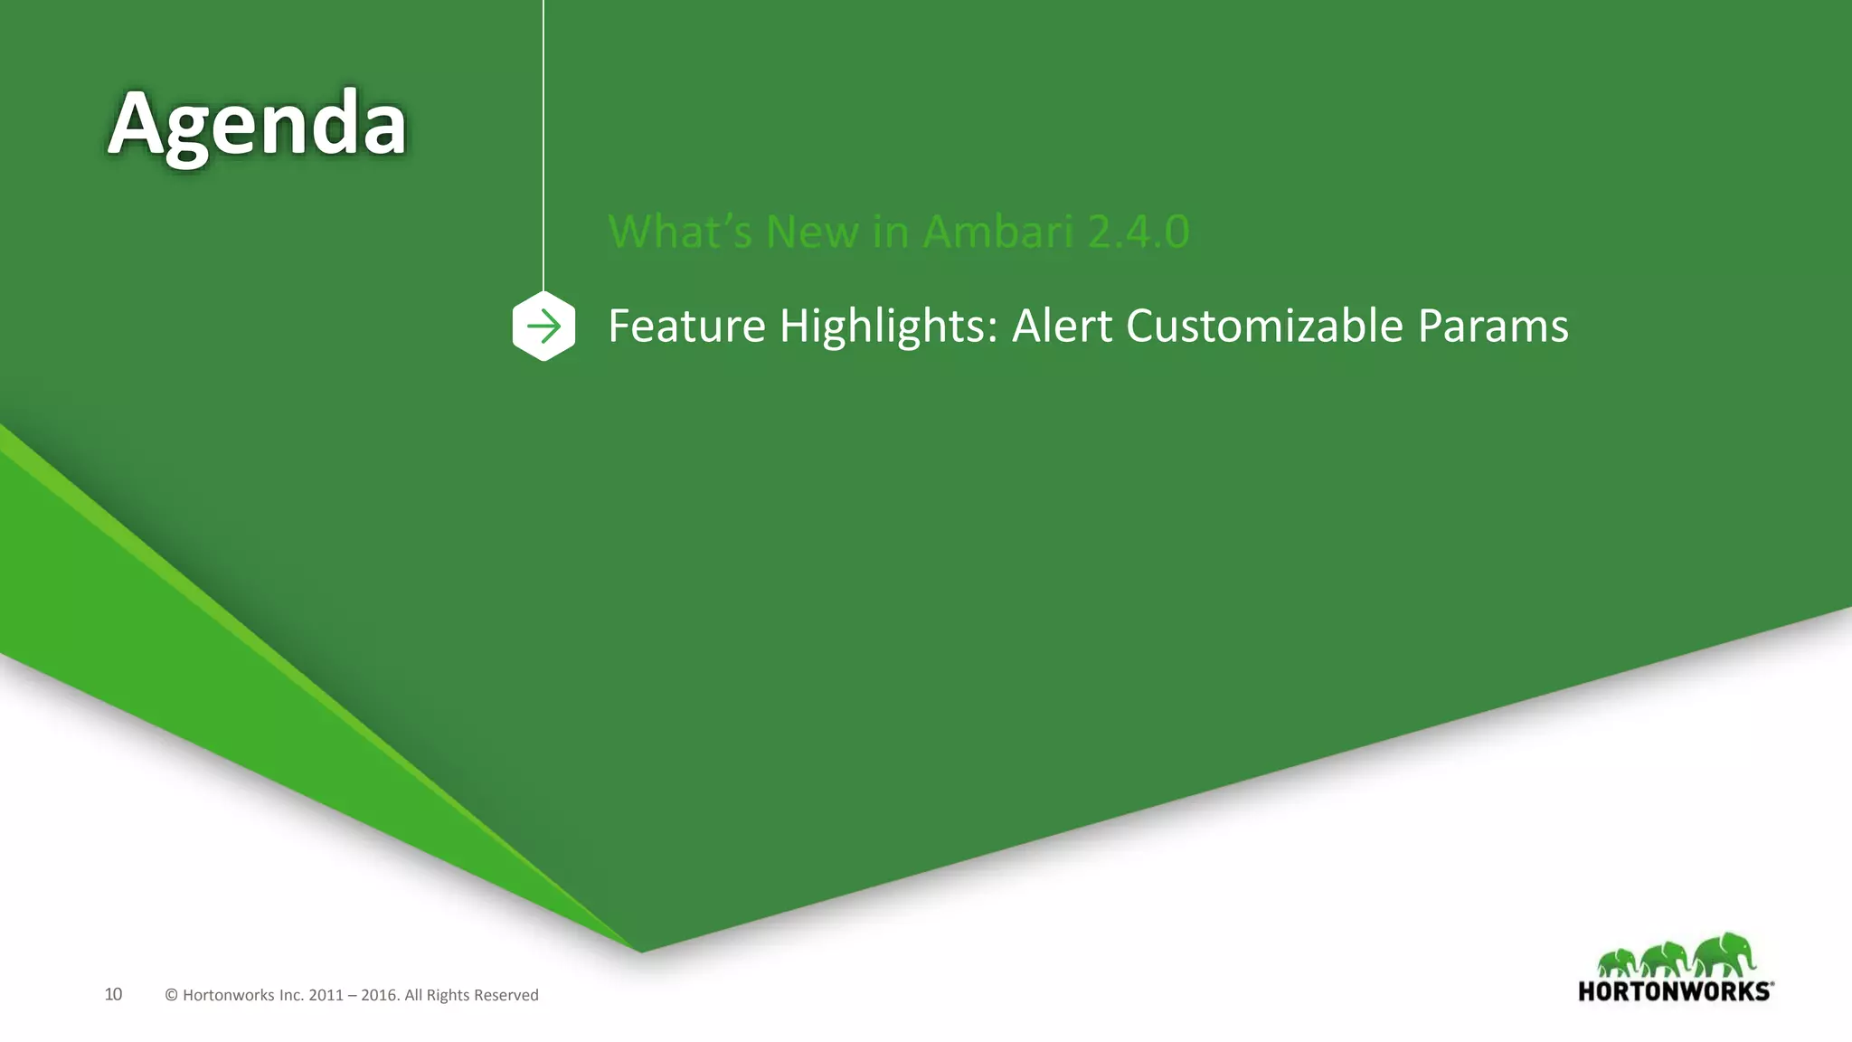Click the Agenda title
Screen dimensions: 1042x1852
point(258,125)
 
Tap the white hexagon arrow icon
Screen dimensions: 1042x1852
point(543,326)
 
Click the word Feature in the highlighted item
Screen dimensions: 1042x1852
point(686,326)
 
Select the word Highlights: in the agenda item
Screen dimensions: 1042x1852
point(888,326)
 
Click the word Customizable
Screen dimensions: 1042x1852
point(1264,326)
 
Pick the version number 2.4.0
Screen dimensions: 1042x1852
point(1139,232)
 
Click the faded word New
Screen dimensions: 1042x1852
point(811,232)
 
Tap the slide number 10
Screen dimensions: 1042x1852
point(113,994)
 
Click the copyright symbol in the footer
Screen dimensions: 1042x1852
point(171,995)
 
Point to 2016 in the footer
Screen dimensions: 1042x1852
point(379,995)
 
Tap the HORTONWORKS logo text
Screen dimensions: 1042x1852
point(1675,991)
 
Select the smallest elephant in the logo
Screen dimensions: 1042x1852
point(1618,962)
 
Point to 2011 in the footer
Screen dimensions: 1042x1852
point(326,995)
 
